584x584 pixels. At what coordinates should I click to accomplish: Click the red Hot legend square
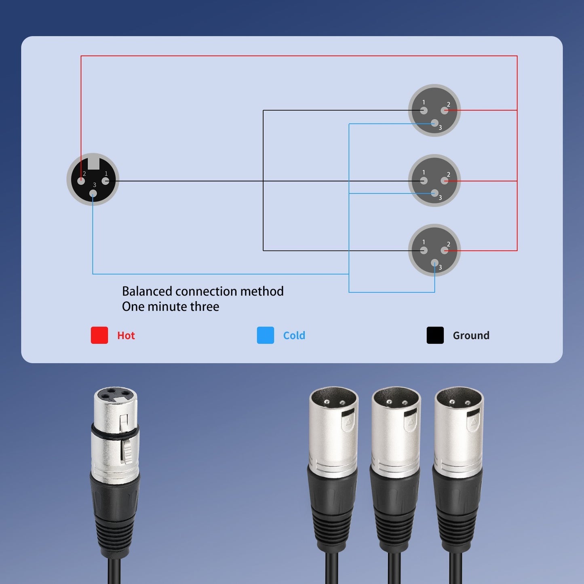(x=99, y=335)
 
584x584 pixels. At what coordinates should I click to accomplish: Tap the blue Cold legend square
(x=265, y=335)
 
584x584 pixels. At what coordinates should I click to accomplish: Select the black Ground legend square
(x=435, y=335)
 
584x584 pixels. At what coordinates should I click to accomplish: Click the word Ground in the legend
(x=471, y=335)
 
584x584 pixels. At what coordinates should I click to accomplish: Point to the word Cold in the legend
(x=294, y=335)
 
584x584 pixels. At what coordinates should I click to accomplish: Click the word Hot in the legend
(x=126, y=335)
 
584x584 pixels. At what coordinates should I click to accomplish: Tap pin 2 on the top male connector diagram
(x=445, y=110)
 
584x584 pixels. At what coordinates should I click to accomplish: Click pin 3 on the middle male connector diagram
(x=434, y=193)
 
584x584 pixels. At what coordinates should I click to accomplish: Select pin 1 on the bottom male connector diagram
(x=424, y=251)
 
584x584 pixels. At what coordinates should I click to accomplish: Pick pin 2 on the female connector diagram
(x=81, y=181)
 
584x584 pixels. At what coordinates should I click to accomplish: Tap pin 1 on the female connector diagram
(x=105, y=181)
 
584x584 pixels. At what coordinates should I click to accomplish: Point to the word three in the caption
(x=205, y=306)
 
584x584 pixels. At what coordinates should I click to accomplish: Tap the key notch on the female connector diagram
(x=93, y=163)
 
